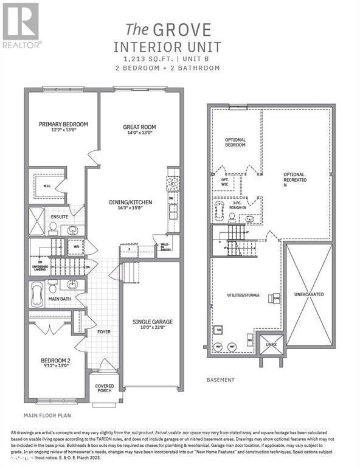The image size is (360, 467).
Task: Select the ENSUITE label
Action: pyautogui.click(x=58, y=215)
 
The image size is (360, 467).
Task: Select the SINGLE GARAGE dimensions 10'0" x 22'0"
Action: pyautogui.click(x=153, y=328)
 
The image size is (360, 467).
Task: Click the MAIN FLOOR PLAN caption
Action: pyautogui.click(x=47, y=416)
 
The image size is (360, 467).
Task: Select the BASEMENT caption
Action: pyautogui.click(x=221, y=380)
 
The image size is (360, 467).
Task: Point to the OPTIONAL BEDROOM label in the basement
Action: pyautogui.click(x=235, y=142)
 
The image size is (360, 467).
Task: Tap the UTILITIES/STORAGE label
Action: pyautogui.click(x=244, y=295)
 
